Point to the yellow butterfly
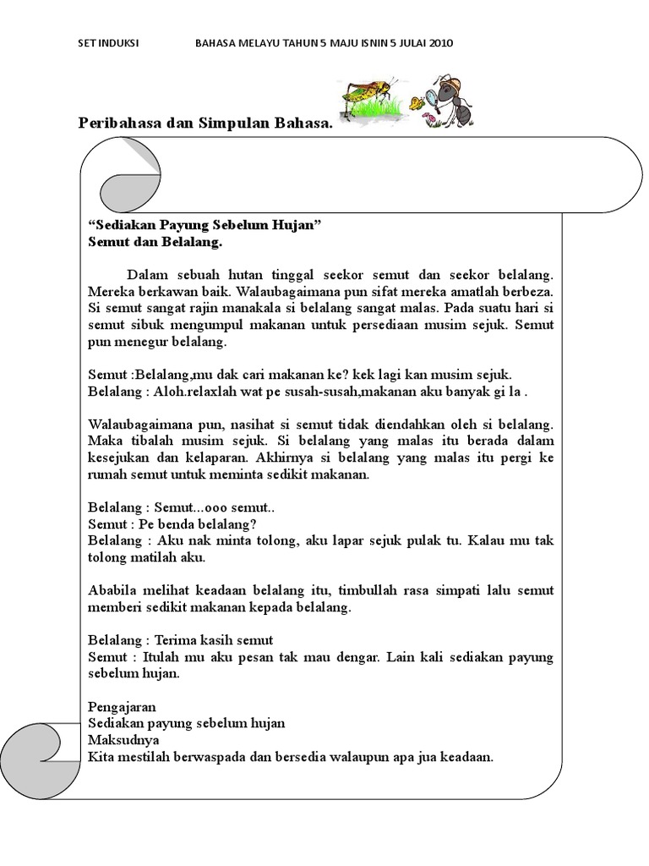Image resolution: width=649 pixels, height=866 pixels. tap(417, 103)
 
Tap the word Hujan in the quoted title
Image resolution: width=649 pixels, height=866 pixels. tap(297, 226)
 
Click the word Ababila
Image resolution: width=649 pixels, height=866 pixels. tap(113, 590)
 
